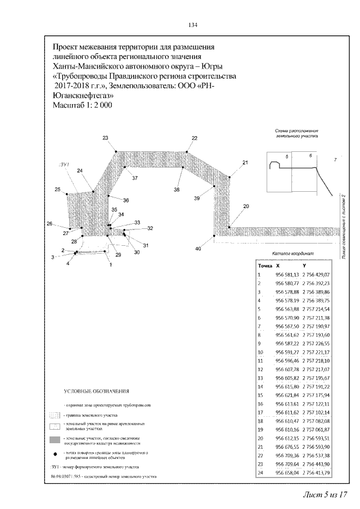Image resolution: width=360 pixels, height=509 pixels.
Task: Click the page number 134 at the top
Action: (192, 25)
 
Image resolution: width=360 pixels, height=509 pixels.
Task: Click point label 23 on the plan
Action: (105, 138)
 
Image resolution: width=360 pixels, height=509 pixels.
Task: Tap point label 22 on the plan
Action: (195, 138)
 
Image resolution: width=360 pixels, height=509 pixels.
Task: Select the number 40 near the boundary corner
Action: (197, 249)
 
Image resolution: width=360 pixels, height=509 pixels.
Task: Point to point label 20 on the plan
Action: (246, 206)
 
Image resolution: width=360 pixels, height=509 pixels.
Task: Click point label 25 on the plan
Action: (57, 190)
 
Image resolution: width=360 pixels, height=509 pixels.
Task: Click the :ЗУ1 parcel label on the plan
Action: (64, 164)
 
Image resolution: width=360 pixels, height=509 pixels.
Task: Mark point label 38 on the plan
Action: (177, 191)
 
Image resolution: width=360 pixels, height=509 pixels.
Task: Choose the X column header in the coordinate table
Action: (277, 265)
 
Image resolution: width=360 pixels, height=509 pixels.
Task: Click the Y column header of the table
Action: (304, 265)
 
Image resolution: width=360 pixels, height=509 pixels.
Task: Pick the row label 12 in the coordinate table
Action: (260, 370)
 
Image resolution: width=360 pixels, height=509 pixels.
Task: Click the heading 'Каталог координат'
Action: (292, 254)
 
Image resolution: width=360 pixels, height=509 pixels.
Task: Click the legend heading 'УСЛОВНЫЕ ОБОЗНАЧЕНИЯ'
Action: (96, 391)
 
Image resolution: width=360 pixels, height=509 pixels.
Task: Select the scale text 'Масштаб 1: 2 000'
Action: (82, 106)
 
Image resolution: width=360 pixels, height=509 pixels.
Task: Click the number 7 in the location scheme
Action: (335, 160)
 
